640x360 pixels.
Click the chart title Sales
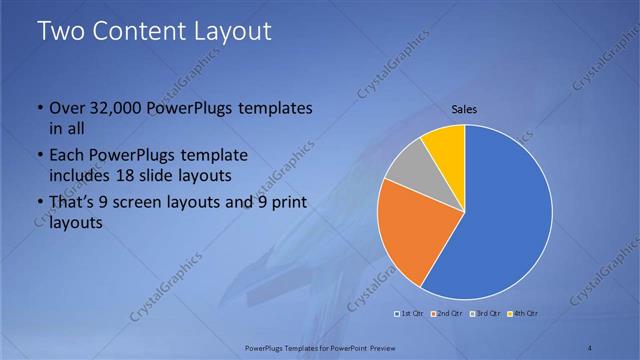[464, 108]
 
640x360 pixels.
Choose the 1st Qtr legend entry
[410, 313]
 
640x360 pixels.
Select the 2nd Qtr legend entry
[447, 313]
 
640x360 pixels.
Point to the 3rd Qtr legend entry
[485, 313]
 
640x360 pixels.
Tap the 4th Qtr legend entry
[523, 313]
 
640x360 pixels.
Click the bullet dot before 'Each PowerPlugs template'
[40, 157]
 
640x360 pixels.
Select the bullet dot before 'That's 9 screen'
[40, 204]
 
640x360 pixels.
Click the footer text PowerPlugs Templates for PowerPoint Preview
[319, 347]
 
